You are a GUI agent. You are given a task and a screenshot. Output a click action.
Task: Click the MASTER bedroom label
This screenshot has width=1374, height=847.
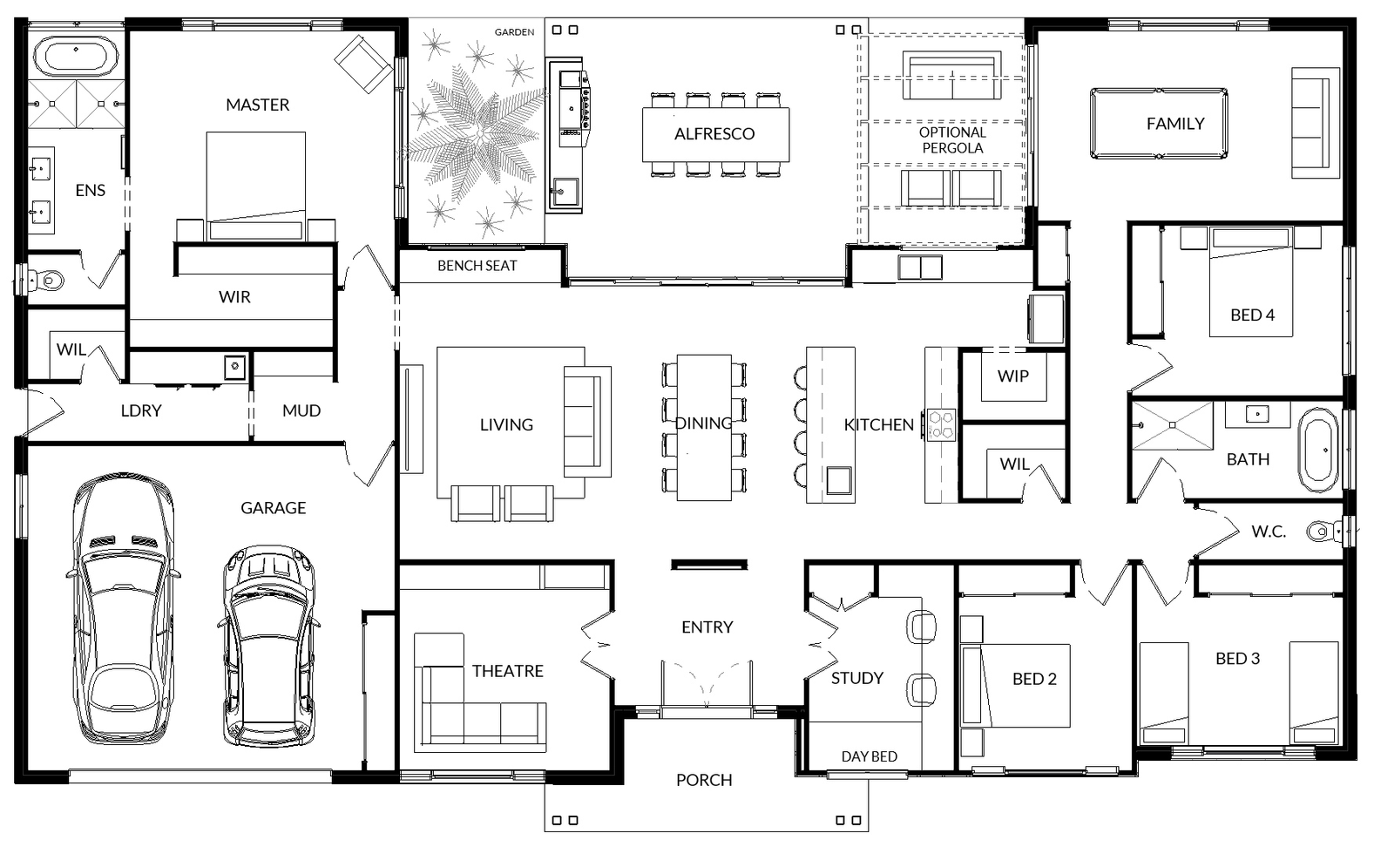258,105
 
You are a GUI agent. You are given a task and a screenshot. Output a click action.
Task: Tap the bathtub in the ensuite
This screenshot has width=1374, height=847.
76,56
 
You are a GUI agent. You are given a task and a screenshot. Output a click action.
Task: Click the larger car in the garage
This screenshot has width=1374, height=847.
124,608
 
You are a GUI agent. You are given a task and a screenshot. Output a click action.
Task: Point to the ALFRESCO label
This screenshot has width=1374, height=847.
714,133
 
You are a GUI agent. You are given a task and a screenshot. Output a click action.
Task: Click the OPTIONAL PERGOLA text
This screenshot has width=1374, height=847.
952,139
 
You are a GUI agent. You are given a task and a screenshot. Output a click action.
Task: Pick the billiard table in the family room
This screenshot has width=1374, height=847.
1159,123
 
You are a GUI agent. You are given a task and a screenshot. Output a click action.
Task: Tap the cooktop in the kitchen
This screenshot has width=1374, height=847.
942,424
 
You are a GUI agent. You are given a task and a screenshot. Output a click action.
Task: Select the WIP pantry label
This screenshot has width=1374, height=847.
1012,376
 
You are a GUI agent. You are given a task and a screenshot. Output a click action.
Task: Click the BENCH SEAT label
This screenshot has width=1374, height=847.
477,266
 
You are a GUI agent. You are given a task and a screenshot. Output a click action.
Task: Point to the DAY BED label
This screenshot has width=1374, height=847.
870,756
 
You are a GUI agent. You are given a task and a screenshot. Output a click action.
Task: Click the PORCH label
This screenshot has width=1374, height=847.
704,780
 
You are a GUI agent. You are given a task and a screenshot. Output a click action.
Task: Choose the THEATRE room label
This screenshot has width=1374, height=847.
508,671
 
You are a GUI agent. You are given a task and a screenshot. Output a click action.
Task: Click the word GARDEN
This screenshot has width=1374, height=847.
514,32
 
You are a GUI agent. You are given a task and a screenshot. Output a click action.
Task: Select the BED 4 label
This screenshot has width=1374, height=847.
1253,315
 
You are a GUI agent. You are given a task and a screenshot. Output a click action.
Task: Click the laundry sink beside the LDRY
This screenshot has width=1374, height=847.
234,368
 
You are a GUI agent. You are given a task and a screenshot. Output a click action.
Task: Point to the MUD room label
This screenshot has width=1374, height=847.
301,411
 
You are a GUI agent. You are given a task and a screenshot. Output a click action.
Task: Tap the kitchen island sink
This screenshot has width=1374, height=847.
838,480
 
